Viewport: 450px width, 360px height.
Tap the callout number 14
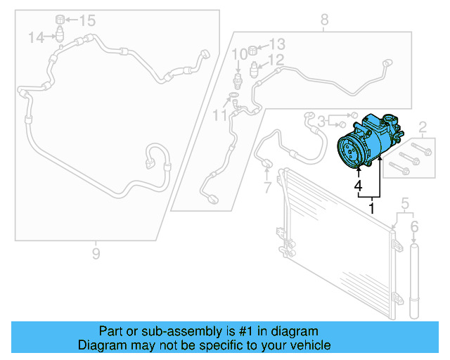37,37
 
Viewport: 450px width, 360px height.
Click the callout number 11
220,113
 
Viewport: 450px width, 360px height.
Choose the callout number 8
324,20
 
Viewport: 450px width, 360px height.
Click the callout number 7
266,188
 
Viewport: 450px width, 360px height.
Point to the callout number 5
404,205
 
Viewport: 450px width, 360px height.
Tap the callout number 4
358,187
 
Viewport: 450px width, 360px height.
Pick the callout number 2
423,127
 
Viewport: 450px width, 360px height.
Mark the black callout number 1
372,209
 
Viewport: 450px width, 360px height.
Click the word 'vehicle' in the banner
307,345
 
